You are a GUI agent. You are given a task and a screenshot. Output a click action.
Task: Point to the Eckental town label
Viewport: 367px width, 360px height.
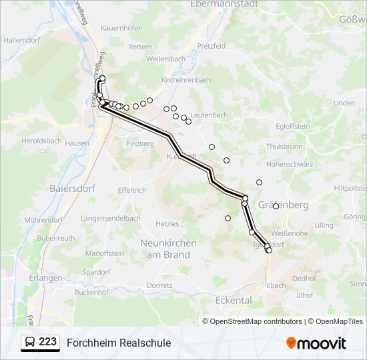(234, 300)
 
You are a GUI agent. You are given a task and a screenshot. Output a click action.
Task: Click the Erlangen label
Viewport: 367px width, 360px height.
(46, 278)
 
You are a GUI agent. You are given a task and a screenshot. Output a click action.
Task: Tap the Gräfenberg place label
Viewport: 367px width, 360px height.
(284, 205)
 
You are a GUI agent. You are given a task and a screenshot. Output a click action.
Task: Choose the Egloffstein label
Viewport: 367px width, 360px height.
(293, 126)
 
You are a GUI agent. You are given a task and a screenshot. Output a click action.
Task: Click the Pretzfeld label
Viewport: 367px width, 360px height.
(212, 47)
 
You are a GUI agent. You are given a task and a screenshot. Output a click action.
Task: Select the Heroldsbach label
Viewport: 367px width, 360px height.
(42, 141)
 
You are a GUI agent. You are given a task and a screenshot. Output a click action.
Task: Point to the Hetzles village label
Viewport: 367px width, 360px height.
(167, 224)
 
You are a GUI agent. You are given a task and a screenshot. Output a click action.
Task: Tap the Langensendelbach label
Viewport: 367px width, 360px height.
(111, 218)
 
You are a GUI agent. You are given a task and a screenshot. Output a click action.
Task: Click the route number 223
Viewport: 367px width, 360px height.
(47, 342)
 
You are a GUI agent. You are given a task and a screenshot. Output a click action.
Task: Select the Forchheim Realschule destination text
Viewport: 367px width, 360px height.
(119, 343)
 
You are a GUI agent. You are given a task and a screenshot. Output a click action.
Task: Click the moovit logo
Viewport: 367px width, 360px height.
(316, 343)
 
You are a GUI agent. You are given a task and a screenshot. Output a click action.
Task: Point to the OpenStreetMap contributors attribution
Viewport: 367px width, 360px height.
(252, 321)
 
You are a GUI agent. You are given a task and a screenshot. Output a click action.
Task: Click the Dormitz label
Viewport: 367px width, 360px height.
(160, 285)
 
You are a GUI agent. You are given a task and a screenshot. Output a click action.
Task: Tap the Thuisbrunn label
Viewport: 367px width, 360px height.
(284, 146)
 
